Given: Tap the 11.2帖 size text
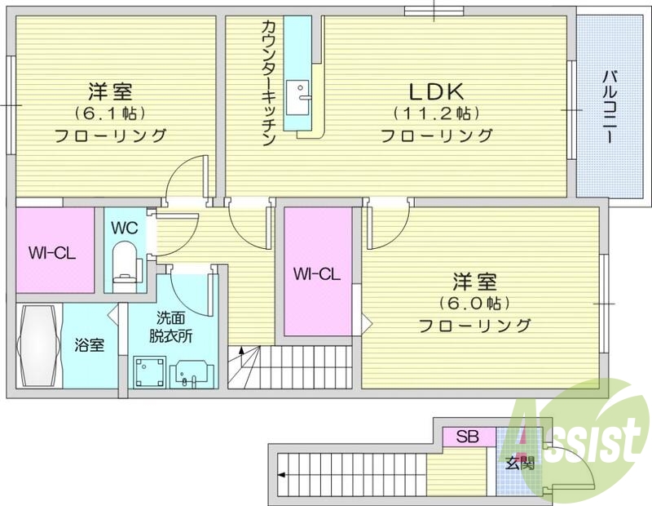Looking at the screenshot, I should click(433, 113).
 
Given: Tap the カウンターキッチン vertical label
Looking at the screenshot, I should click(268, 82).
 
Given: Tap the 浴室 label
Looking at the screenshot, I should click(90, 345).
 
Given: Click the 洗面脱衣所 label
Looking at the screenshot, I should click(172, 327).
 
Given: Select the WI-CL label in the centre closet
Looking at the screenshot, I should click(316, 274).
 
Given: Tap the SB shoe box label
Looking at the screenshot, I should click(467, 437).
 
